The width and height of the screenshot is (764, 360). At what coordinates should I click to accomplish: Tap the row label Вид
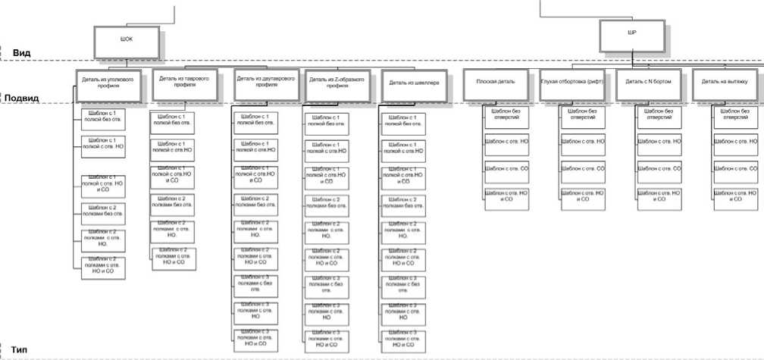tap(21, 52)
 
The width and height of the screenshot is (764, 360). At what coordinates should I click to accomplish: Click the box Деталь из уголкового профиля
tap(111, 83)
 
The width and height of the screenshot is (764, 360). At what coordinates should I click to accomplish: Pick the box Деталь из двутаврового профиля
tap(265, 82)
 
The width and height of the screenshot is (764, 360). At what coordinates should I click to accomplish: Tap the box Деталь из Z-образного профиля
tap(337, 82)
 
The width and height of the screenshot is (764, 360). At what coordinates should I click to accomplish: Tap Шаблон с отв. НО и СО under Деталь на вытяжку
tap(734, 196)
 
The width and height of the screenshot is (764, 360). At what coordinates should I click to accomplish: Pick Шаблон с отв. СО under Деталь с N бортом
tap(659, 168)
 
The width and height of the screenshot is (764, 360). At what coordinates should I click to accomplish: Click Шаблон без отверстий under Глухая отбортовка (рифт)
tap(583, 114)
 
